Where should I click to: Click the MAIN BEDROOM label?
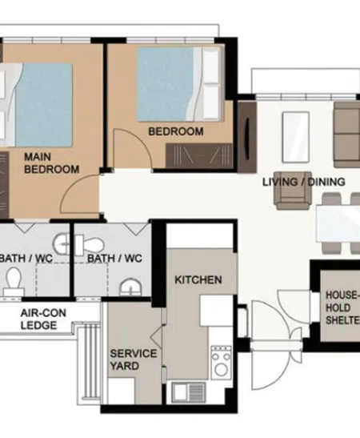pyautogui.click(x=52, y=163)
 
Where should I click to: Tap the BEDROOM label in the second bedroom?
pyautogui.click(x=176, y=131)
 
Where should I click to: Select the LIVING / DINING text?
pyautogui.click(x=304, y=182)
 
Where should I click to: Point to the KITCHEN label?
pyautogui.click(x=198, y=279)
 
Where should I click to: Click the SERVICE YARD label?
pyautogui.click(x=134, y=360)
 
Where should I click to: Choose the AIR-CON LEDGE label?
pyautogui.click(x=43, y=319)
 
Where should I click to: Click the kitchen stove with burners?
pyautogui.click(x=221, y=363)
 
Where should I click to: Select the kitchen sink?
pyautogui.click(x=189, y=392)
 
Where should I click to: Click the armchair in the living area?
pyautogui.click(x=293, y=191)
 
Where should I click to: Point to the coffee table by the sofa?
pyautogui.click(x=296, y=137)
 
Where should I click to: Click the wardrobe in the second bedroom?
pyautogui.click(x=199, y=155)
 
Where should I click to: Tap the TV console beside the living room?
pyautogui.click(x=247, y=137)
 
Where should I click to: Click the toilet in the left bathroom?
pyautogui.click(x=14, y=281)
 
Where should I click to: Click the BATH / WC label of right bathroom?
pyautogui.click(x=114, y=259)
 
